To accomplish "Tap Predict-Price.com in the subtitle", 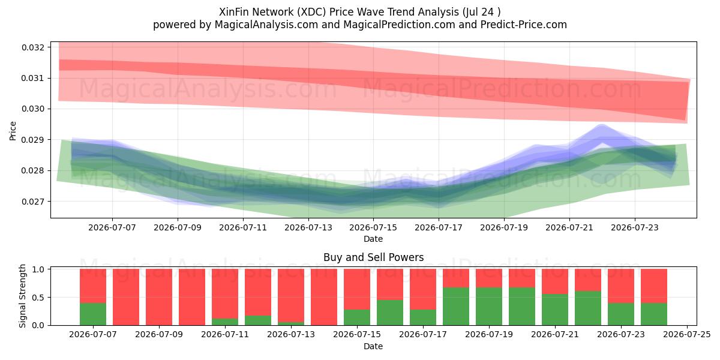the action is (x=524, y=25).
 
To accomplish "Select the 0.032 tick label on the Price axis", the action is (x=32, y=47).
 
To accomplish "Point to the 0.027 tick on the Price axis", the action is (x=32, y=202).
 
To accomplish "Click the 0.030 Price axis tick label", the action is (x=32, y=109).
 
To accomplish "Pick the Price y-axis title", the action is (x=13, y=131).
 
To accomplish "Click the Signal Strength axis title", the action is (x=22, y=296).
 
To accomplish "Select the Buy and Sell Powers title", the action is (x=373, y=257).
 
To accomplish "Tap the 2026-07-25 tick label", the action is (x=687, y=335).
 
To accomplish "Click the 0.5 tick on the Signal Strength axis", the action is (x=38, y=298).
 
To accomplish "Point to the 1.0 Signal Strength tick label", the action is (x=38, y=269).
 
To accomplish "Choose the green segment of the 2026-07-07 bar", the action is (x=93, y=314).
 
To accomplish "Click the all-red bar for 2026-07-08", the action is (x=126, y=297).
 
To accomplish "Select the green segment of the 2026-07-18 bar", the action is (x=456, y=307).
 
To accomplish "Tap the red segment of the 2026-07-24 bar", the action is (x=654, y=286).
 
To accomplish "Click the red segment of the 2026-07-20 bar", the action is (x=522, y=278).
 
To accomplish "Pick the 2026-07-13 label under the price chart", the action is (x=308, y=227).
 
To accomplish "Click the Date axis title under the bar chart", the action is (x=373, y=346).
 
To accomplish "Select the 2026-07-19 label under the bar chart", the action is (x=489, y=335).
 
